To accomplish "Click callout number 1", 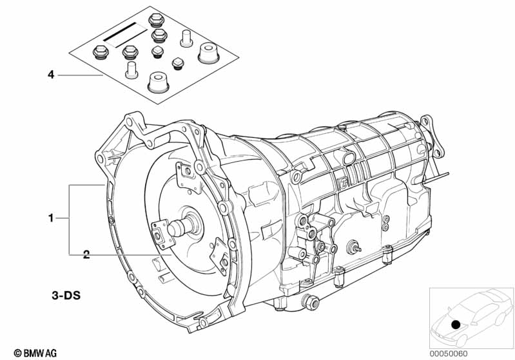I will click(50, 219).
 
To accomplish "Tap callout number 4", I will click(50, 75).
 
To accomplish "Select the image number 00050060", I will click(467, 352).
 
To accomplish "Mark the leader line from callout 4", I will click(81, 75).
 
